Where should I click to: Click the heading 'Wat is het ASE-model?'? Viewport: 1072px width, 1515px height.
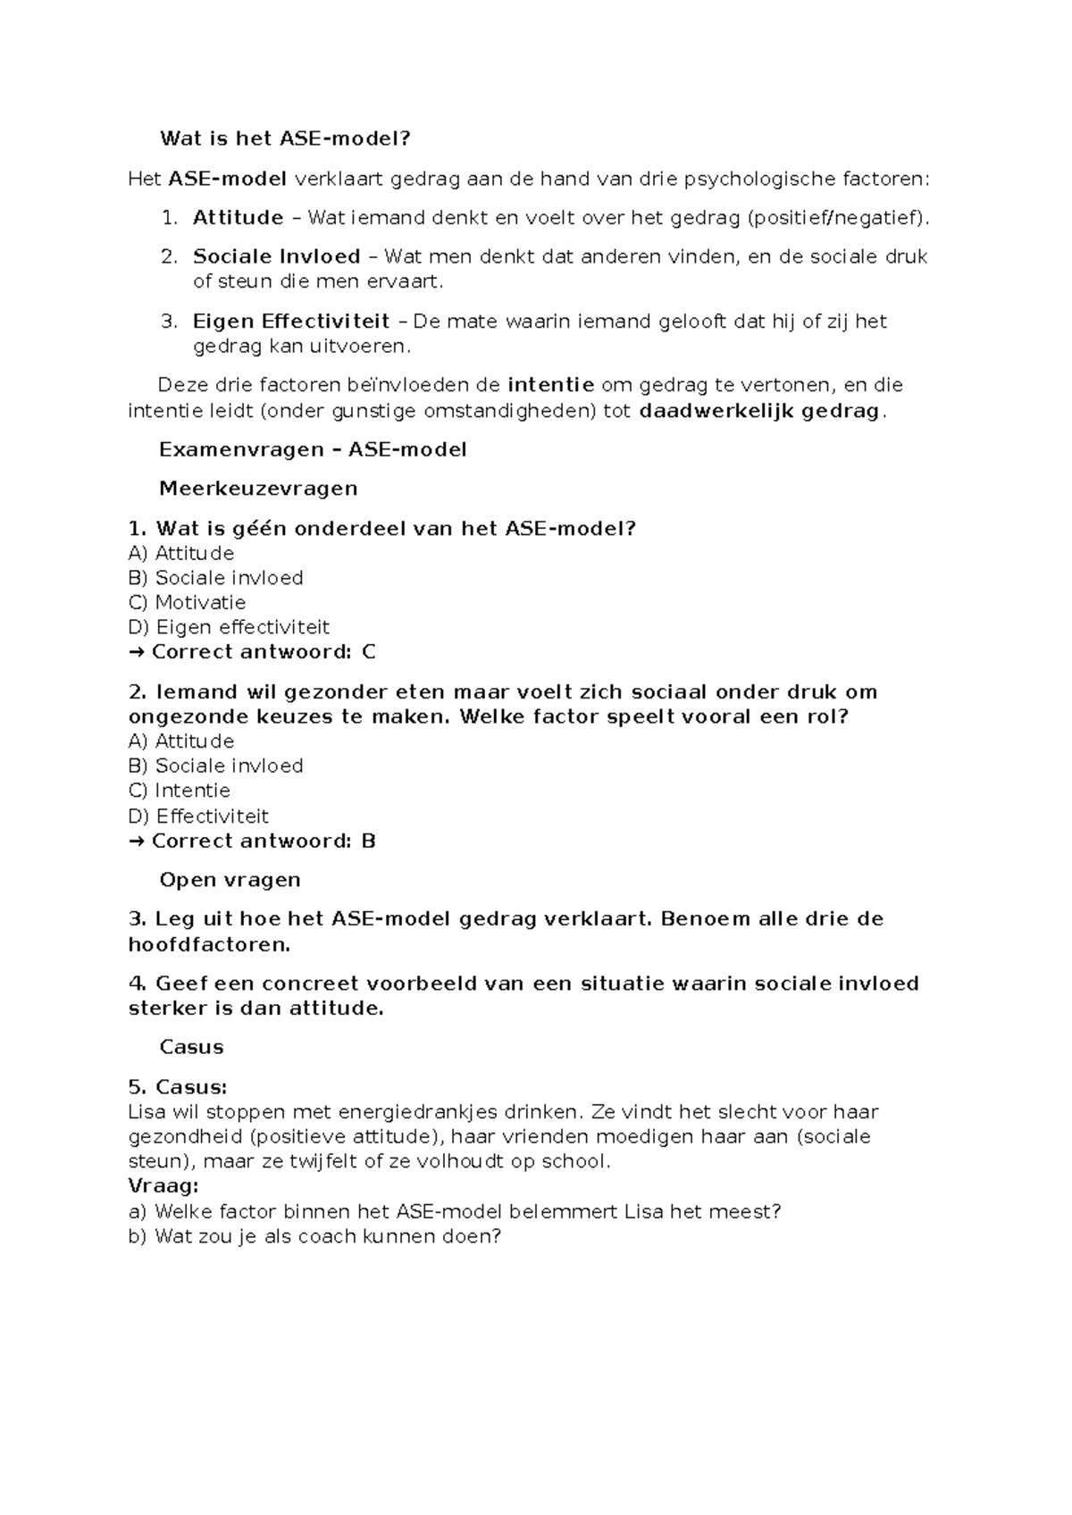(284, 138)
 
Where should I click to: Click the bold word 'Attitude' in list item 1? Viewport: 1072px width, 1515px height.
(238, 217)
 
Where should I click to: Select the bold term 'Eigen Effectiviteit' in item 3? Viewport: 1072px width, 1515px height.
(291, 321)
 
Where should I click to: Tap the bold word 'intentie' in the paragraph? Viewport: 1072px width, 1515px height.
(550, 385)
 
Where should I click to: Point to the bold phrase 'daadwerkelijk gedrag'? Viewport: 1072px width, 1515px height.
(760, 411)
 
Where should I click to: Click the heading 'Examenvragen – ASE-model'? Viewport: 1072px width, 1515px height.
(313, 449)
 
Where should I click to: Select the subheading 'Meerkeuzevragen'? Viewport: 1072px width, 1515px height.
(258, 489)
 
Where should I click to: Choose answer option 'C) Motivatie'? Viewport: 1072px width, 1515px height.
(187, 603)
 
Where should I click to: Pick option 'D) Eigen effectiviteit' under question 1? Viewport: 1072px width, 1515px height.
(229, 627)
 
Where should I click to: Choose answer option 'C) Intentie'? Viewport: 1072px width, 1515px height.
(180, 791)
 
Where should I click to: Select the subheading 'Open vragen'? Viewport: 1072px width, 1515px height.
(230, 880)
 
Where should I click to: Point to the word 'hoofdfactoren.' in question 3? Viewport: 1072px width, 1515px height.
(210, 944)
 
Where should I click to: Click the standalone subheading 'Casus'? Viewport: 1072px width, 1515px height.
(191, 1047)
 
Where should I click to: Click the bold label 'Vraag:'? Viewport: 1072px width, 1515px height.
(163, 1186)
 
